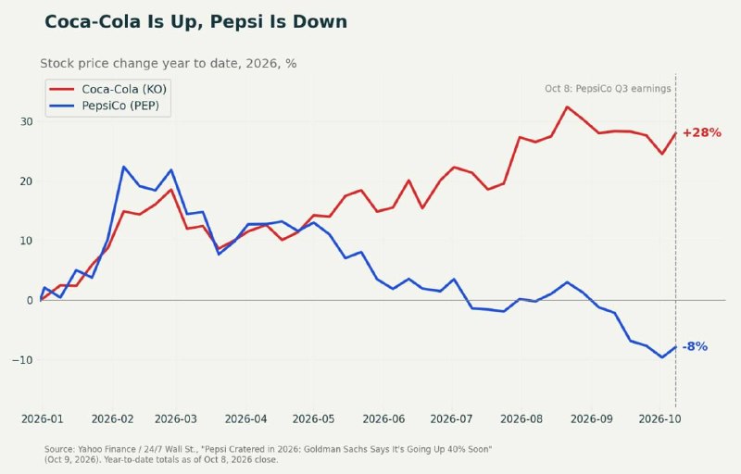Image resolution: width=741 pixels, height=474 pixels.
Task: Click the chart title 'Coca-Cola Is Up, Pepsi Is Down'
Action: pos(195,22)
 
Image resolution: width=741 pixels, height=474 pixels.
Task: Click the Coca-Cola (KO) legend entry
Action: pos(107,89)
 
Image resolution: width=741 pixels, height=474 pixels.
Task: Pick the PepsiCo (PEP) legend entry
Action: pos(104,106)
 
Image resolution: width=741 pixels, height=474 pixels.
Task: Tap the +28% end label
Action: pos(702,132)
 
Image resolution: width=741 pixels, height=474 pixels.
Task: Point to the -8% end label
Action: pos(695,346)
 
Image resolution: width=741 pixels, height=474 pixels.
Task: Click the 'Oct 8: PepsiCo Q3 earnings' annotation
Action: pos(608,89)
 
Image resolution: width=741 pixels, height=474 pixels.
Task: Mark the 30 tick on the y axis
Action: pos(27,122)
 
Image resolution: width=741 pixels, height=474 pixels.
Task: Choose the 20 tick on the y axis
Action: pos(27,181)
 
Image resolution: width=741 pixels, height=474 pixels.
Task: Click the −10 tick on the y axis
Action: pos(22,360)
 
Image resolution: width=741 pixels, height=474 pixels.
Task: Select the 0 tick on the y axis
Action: pos(30,300)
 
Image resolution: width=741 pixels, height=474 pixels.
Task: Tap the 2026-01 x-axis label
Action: pos(42,418)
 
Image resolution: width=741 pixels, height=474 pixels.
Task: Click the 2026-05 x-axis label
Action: pos(313,418)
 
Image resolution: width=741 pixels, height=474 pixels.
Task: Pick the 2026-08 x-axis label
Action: pos(521,418)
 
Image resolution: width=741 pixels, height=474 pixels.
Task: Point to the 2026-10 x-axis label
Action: pos(659,418)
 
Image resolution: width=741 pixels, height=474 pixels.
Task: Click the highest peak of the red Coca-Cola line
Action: pos(567,106)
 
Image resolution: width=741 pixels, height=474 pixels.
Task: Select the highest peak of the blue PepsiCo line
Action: pos(123,167)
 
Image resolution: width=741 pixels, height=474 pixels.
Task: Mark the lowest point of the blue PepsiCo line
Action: pos(662,357)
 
